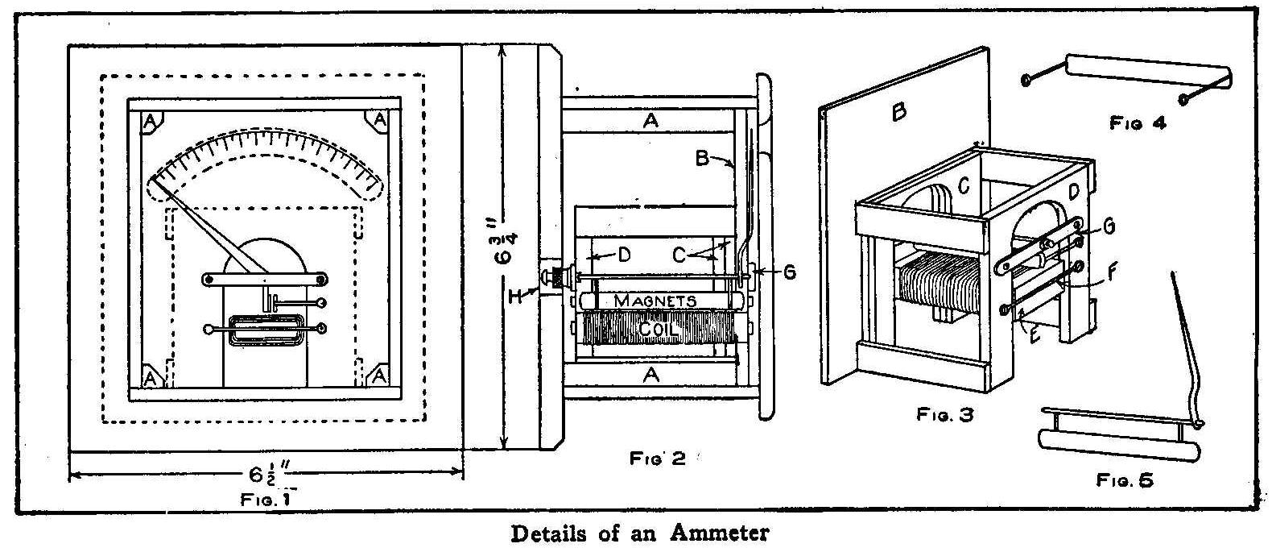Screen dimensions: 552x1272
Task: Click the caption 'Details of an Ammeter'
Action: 640,533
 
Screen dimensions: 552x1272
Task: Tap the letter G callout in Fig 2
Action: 789,272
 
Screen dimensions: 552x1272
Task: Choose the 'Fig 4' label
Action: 1137,123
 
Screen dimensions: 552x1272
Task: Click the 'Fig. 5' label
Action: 1125,480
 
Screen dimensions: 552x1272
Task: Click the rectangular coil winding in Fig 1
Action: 266,331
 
